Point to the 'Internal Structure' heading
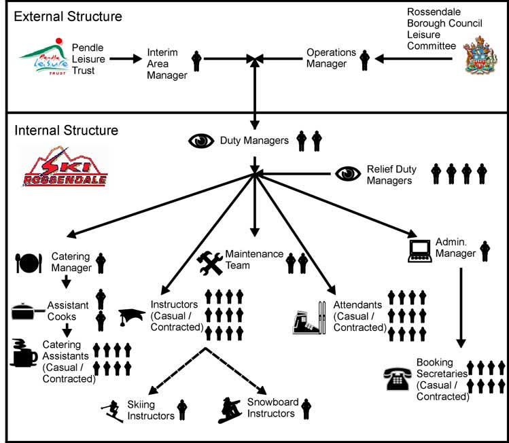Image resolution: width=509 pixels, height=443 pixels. pos(66,130)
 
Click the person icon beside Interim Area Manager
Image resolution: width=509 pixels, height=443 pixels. pos(197,60)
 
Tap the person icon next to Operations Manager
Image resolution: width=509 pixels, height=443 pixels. pos(364,60)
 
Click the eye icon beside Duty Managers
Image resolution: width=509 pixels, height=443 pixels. pos(200,141)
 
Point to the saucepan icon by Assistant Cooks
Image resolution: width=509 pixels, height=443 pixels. pos(28,312)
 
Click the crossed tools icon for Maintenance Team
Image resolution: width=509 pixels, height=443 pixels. pos(210,262)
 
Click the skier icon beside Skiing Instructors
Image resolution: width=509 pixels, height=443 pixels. pos(109,410)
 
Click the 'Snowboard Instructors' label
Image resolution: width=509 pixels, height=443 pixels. pos(272,408)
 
